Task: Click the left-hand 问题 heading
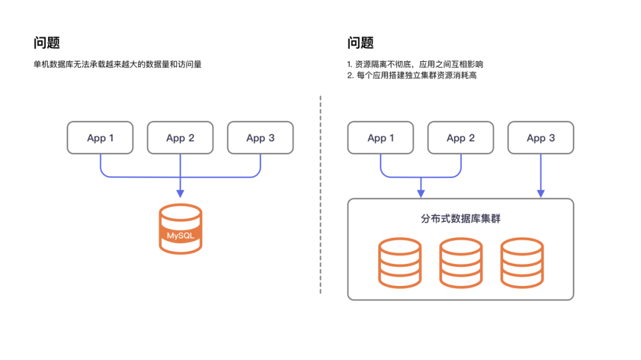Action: click(x=47, y=43)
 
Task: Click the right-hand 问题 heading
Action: click(x=360, y=43)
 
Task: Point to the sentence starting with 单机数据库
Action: click(x=118, y=64)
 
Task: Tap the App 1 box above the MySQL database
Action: click(x=100, y=138)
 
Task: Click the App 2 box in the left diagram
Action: click(x=180, y=138)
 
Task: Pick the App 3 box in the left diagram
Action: click(x=260, y=138)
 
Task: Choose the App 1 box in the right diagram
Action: click(x=380, y=138)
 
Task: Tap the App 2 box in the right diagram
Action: click(x=460, y=138)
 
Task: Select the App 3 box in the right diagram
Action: click(x=541, y=138)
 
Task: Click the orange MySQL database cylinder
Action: click(x=180, y=229)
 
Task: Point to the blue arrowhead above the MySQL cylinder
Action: click(x=180, y=193)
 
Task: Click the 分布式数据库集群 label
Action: click(x=460, y=219)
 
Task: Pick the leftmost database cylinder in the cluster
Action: click(x=399, y=262)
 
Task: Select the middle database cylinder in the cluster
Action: click(x=461, y=262)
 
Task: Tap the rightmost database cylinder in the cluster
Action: click(x=522, y=262)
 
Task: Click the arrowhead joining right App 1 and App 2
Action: click(x=421, y=193)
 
